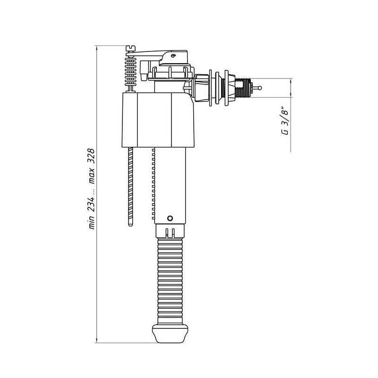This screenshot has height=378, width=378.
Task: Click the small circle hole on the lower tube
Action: pos(170,218)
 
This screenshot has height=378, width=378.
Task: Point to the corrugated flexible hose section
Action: pos(170,281)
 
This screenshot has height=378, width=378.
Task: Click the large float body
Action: pos(158,120)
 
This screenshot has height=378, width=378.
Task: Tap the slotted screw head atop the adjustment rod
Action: pos(131,48)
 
